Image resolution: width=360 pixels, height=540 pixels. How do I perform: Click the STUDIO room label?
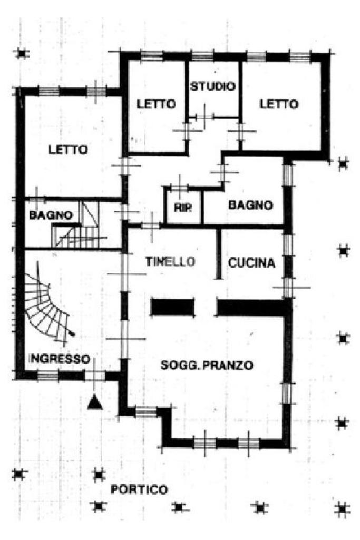(212, 86)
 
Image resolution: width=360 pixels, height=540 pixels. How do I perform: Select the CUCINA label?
(251, 262)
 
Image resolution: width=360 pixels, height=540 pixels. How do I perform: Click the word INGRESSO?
(58, 359)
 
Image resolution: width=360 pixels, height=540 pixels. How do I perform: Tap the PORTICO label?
(139, 489)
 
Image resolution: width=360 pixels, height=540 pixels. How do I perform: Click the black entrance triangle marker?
(94, 401)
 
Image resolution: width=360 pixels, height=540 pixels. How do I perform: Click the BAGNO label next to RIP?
(250, 205)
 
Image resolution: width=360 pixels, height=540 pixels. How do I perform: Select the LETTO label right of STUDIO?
(278, 104)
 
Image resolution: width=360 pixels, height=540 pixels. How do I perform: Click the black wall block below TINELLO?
(172, 307)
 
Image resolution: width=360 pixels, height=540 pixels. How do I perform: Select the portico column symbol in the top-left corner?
(22, 53)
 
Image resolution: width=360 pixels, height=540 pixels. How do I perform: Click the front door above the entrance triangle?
(94, 375)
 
